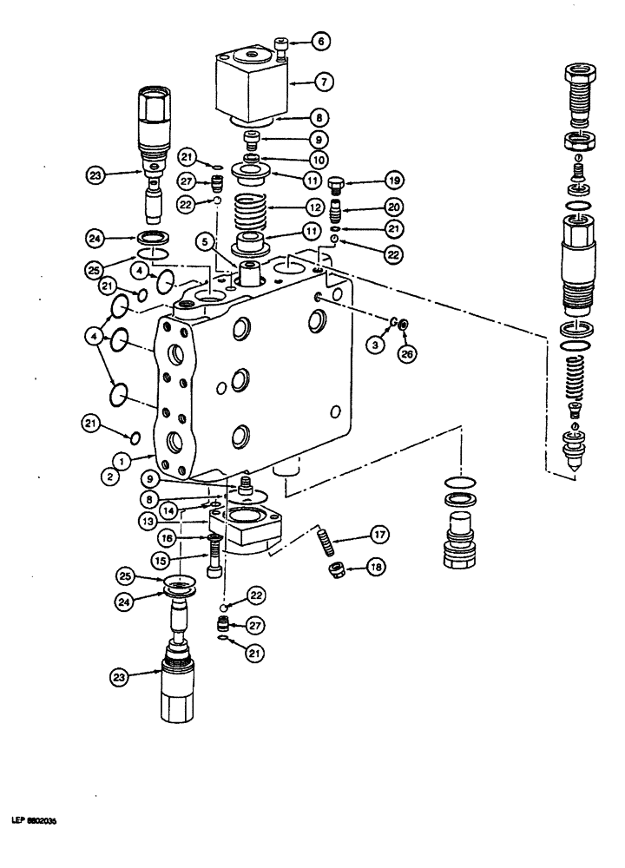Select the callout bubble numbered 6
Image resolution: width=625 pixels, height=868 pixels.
click(319, 40)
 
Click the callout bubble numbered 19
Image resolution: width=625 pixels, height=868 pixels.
click(368, 181)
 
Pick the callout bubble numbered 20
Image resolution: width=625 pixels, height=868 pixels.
click(368, 209)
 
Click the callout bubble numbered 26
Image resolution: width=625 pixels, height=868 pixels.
click(405, 352)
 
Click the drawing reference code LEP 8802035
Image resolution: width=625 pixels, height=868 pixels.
click(34, 819)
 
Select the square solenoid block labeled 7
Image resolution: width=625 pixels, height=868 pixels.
click(252, 87)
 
